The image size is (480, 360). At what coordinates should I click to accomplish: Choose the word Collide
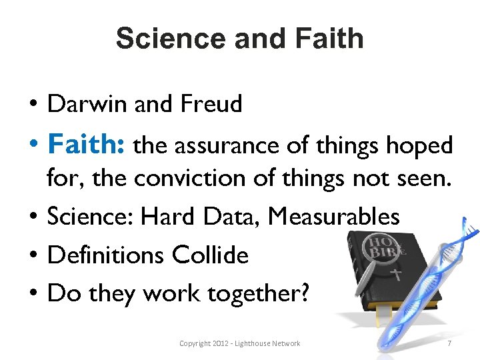[x=211, y=255]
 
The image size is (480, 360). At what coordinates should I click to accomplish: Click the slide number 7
[x=449, y=343]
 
